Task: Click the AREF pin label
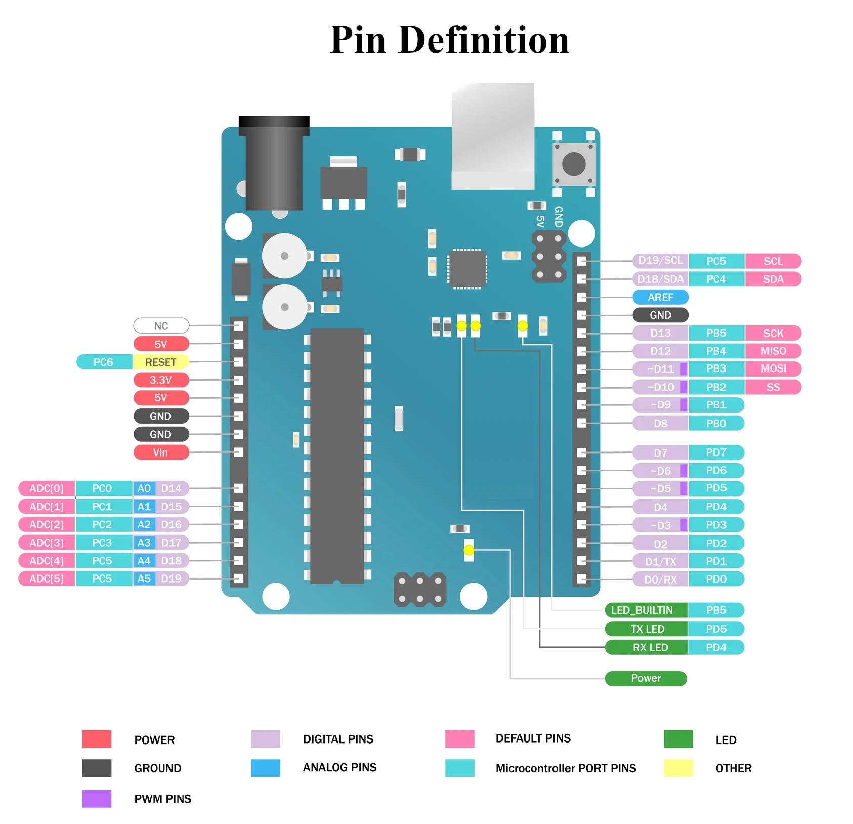[660, 297]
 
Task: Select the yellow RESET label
[160, 362]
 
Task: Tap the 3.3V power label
[161, 380]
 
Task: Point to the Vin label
[161, 452]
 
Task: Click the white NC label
[161, 325]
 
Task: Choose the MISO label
[773, 351]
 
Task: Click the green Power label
[646, 678]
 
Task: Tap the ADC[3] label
[47, 543]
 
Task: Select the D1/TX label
[660, 561]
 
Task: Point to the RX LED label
[646, 647]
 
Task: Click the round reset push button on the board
[574, 163]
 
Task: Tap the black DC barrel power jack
[274, 163]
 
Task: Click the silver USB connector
[493, 136]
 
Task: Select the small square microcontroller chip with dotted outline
[467, 269]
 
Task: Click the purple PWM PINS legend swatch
[97, 799]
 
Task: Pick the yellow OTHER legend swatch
[678, 768]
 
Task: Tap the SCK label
[773, 333]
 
